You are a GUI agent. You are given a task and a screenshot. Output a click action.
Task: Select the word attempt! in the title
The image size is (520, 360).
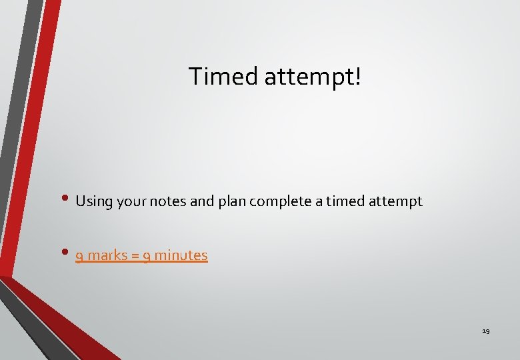(313, 77)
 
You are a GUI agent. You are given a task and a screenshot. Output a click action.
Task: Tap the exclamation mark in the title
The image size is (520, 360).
(359, 76)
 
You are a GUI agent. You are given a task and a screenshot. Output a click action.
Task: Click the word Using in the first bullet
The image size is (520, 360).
(94, 201)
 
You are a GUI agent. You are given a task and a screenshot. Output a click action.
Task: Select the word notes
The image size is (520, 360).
(169, 201)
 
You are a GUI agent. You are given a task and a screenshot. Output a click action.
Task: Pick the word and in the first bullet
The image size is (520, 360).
(202, 201)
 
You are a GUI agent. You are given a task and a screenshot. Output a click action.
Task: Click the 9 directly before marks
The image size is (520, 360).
(79, 256)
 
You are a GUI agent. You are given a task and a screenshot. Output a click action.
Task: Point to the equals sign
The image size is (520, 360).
(137, 256)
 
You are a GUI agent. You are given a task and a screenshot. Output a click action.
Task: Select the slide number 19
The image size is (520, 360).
(485, 331)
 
